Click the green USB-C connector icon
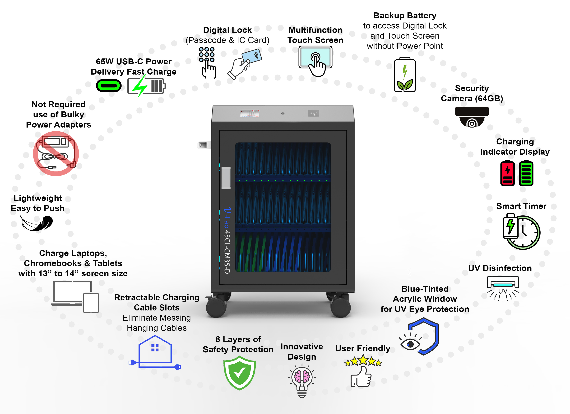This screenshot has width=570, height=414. coord(109,86)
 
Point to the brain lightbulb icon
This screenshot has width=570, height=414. coord(302,381)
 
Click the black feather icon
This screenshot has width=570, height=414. coord(37,223)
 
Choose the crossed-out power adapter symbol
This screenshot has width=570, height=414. coord(56,153)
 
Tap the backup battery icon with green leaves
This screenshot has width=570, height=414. coord(405,75)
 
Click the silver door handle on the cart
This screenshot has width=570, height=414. coord(226,178)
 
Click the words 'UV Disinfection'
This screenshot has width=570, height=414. coord(500,268)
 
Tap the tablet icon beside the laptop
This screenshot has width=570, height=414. coord(91,303)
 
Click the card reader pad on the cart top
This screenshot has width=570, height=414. coord(313,113)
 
